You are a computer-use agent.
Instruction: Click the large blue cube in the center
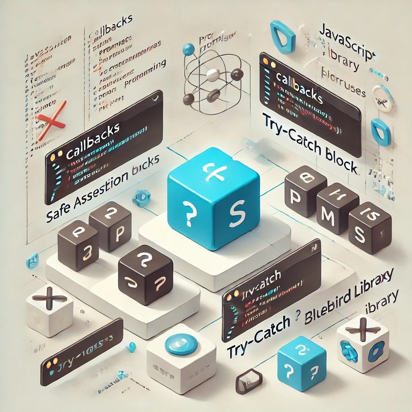click(x=213, y=197)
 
